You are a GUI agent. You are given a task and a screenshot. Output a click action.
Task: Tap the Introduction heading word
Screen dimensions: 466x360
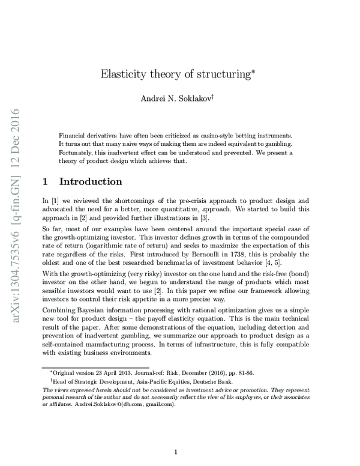tap(91, 181)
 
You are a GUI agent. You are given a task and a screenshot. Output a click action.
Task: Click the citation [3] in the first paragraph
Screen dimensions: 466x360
tap(229, 217)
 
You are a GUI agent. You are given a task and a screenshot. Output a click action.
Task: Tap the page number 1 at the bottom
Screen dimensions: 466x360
tap(175, 453)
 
